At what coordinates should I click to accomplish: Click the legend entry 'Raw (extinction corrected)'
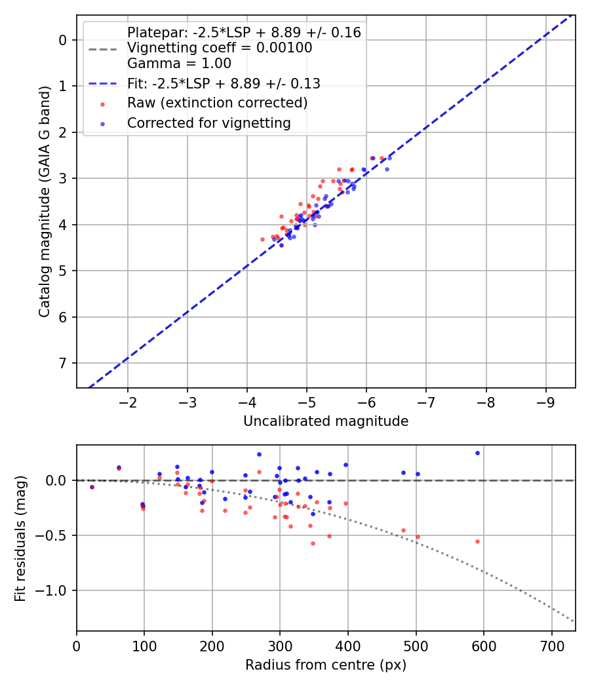(x=217, y=103)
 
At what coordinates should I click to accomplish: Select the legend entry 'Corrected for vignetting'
(x=209, y=123)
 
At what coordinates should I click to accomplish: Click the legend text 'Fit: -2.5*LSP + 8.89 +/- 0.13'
(x=224, y=83)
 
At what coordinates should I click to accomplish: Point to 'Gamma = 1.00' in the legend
(x=179, y=64)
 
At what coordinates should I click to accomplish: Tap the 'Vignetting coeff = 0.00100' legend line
(x=220, y=48)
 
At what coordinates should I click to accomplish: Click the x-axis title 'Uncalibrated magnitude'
(x=326, y=421)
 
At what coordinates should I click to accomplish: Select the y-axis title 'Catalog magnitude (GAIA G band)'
(x=44, y=201)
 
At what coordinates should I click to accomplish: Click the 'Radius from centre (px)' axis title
(x=326, y=665)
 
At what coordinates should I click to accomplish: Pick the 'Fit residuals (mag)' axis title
(x=20, y=539)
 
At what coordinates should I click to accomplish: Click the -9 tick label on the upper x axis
(x=545, y=401)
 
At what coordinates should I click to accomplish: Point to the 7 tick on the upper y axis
(x=64, y=363)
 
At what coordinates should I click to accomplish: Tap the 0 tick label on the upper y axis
(x=64, y=40)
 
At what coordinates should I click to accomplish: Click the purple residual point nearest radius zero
(x=92, y=487)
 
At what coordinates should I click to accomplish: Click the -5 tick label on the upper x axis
(x=307, y=401)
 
